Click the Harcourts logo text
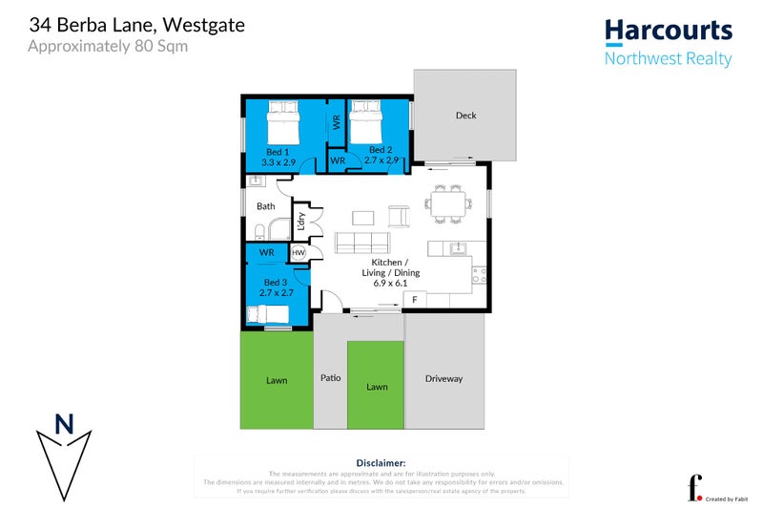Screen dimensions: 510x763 click(668, 31)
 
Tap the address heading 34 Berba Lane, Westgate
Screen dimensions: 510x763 click(136, 25)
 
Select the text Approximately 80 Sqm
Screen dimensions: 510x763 click(108, 46)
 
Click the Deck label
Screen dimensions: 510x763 click(465, 116)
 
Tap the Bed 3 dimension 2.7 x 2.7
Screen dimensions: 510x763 click(276, 292)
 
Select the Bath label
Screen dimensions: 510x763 click(265, 205)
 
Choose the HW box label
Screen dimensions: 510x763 click(298, 253)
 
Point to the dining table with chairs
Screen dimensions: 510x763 click(448, 203)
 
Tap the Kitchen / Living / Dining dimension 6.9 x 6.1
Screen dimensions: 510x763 click(391, 284)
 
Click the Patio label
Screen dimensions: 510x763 click(330, 378)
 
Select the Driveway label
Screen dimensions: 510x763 click(443, 379)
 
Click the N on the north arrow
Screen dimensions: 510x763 click(64, 424)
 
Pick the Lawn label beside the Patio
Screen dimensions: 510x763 click(377, 387)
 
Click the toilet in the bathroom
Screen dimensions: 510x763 click(260, 229)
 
